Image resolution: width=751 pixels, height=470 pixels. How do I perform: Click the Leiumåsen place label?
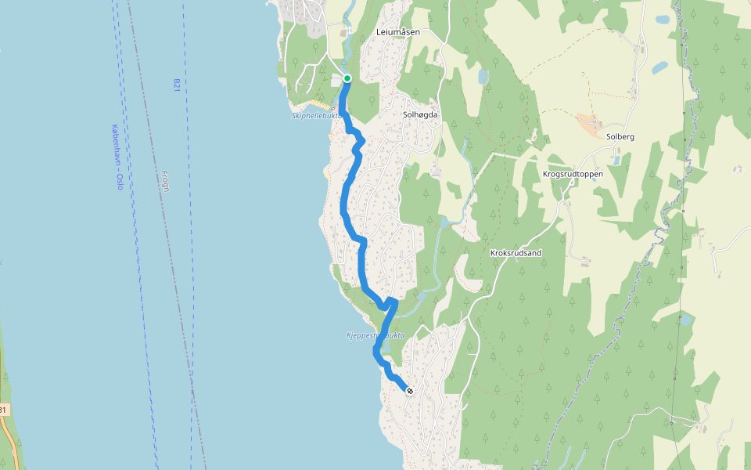coord(397,32)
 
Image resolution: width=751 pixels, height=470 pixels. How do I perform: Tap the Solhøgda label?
coord(419,114)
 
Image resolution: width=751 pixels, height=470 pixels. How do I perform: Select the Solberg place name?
coord(620,136)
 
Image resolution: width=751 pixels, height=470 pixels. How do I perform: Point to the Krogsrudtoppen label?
coord(572,174)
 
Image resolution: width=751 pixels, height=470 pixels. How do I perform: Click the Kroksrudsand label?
coord(516,254)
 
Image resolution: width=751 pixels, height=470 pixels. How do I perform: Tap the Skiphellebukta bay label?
coord(317,116)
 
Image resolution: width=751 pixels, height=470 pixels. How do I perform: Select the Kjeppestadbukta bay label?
coord(375,335)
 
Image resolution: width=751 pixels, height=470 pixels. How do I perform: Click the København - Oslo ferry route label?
coord(117,157)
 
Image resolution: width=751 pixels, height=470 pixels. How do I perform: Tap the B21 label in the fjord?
coord(177,85)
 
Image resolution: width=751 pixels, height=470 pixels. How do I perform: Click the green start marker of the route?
coord(347,78)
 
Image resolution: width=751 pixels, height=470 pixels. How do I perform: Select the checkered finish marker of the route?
coord(409,390)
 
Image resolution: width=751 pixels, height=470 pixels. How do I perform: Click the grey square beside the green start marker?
coord(336,80)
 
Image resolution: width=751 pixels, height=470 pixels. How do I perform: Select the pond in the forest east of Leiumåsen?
coord(483,77)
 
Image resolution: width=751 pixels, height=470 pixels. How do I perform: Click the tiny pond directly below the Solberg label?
coord(616,161)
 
